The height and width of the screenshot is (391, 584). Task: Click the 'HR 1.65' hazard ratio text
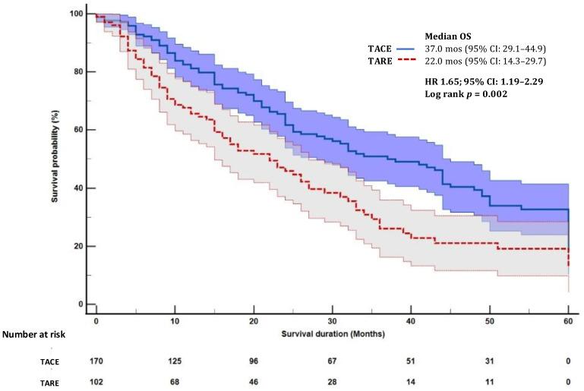click(x=437, y=80)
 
